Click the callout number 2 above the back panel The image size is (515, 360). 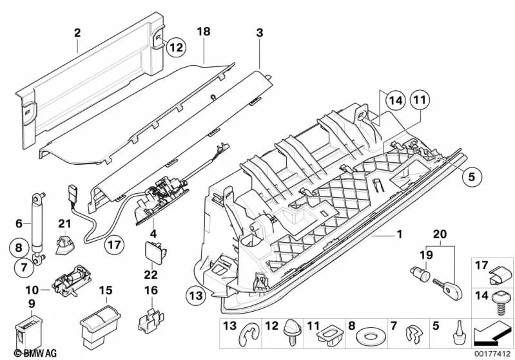point(77,30)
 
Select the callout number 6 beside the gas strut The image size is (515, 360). point(19,223)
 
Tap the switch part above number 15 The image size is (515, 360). point(100,322)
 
